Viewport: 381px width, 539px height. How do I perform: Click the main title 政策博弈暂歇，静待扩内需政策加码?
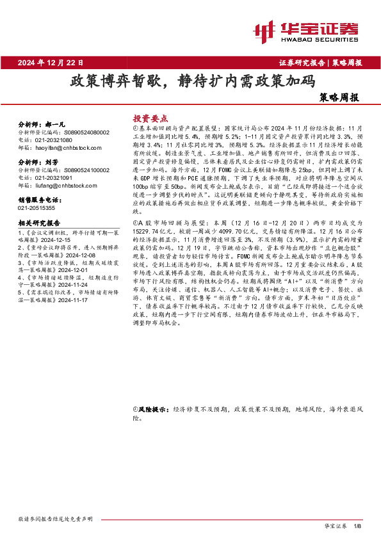pyautogui.click(x=192, y=82)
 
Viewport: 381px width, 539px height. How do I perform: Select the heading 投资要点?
pyautogui.click(x=150, y=118)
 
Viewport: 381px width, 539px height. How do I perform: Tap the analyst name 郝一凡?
pyautogui.click(x=57, y=124)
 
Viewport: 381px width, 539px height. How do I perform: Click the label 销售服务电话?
pyautogui.click(x=42, y=200)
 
